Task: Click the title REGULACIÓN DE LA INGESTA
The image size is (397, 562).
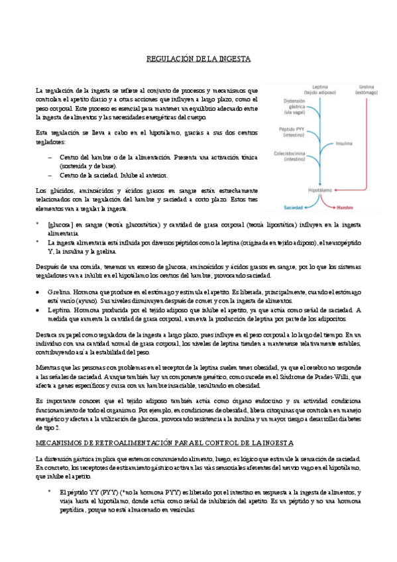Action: tap(198, 59)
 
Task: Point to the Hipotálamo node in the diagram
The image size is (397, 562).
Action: tap(319, 190)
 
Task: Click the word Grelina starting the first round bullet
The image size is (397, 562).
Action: tap(59, 291)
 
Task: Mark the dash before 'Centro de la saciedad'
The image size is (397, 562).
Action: tap(52, 176)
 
